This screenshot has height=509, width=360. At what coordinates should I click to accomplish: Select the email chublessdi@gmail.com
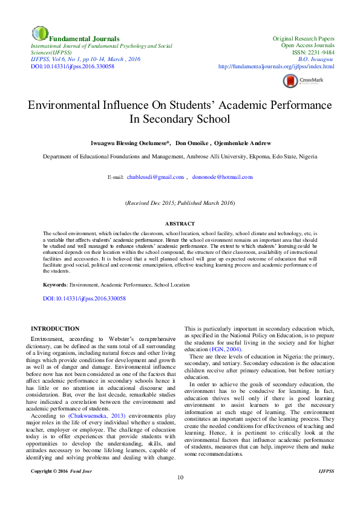pos(155,177)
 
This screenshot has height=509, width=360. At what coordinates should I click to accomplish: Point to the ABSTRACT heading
pos(180,224)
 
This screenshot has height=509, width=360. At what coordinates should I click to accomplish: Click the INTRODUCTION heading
pos(55,328)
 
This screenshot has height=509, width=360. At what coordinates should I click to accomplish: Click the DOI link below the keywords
pos(84,299)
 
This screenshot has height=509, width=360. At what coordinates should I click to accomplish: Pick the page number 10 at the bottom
pos(180,494)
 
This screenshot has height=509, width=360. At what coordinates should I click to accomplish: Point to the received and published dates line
pos(180,203)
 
